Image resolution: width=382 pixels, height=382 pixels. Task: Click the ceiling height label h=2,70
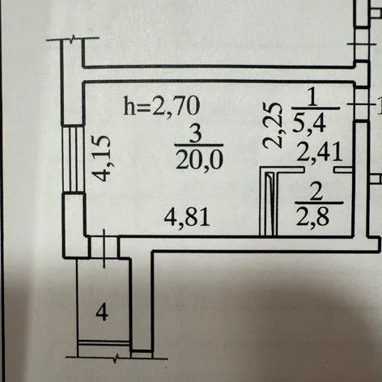(x=162, y=106)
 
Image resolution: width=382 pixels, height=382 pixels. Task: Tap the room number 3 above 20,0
(x=196, y=135)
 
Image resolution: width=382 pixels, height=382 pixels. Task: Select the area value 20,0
(x=199, y=159)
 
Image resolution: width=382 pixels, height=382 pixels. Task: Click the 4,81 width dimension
(x=187, y=217)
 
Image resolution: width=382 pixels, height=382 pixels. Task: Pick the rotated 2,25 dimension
(x=273, y=125)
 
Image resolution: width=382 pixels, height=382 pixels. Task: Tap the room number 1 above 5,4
(x=312, y=98)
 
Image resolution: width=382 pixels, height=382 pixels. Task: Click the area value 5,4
(x=308, y=123)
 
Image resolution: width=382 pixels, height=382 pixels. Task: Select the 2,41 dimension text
(x=320, y=152)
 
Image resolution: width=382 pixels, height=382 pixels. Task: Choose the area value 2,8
(x=313, y=216)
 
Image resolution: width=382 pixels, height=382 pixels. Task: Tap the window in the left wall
(x=73, y=159)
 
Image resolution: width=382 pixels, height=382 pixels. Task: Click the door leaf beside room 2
(x=271, y=204)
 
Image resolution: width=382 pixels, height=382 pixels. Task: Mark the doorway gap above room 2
(x=320, y=170)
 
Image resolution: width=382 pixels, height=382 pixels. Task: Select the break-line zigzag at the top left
(x=72, y=40)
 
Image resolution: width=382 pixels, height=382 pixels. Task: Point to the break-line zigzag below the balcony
(x=117, y=358)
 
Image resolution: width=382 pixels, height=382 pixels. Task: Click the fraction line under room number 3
(x=199, y=146)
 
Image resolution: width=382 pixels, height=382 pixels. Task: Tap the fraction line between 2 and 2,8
(x=319, y=203)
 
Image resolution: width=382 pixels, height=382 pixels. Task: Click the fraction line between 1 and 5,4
(x=316, y=108)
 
